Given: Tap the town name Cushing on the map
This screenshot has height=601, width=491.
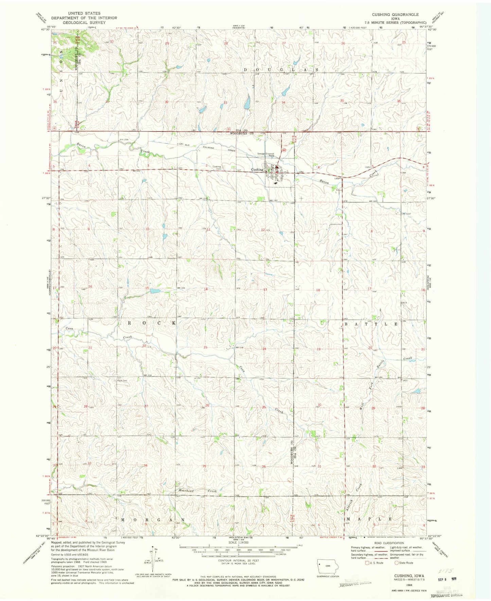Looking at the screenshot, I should (257, 170).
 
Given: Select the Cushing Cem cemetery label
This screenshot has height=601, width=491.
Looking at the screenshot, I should (216, 167).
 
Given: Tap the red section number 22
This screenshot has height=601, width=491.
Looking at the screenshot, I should (144, 346).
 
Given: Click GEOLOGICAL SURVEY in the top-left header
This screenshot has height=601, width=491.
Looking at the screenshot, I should (84, 22).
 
